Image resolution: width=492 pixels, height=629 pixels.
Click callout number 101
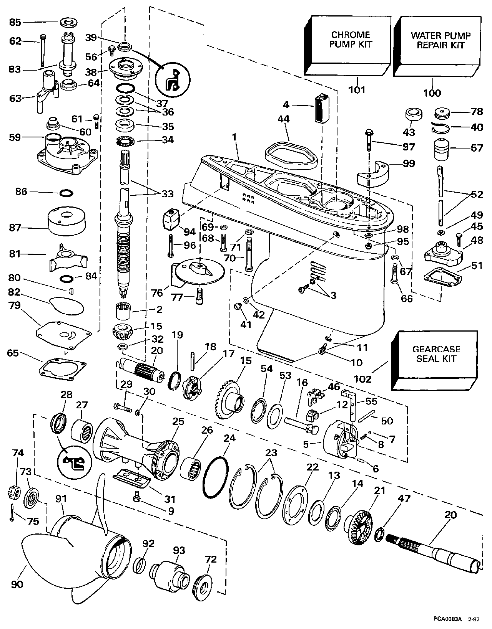357,90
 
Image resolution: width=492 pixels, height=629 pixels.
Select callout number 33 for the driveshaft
168,194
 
